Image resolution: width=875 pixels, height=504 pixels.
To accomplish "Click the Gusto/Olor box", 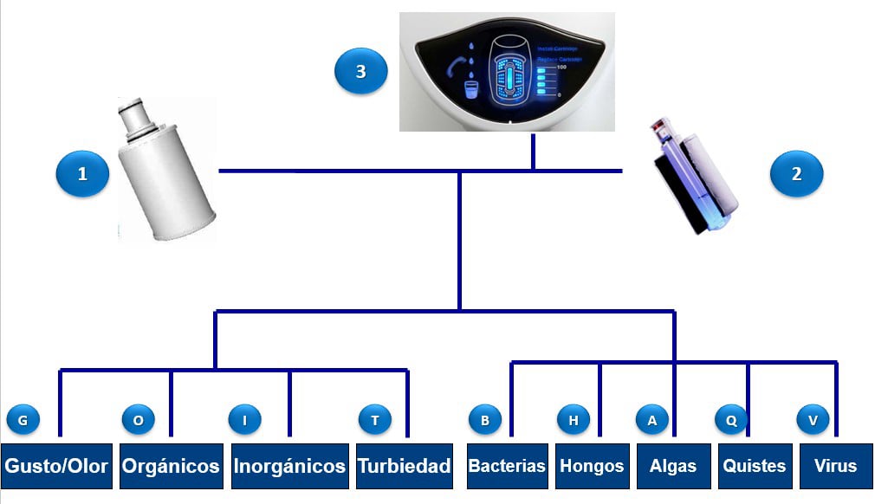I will [x=56, y=466].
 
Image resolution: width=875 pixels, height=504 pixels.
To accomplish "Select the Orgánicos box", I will [x=171, y=466].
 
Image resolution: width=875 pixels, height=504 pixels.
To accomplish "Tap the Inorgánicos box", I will [x=289, y=466].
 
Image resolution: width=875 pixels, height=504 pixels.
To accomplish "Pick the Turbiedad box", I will [x=405, y=466].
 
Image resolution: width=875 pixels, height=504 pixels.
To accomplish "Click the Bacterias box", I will [x=507, y=466].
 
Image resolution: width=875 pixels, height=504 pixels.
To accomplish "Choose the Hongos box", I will [x=592, y=466].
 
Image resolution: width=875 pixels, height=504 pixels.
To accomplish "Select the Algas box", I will [x=673, y=466].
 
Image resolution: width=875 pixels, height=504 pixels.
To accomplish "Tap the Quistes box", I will [x=755, y=466].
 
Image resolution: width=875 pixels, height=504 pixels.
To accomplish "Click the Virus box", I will [x=835, y=466].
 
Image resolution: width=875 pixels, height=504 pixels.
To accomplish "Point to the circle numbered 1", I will [x=82, y=174].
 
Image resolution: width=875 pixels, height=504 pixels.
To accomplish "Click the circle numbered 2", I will [x=796, y=174].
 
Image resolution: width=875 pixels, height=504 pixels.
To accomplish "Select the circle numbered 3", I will [x=360, y=72].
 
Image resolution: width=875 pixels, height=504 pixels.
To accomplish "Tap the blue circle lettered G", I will [x=23, y=420].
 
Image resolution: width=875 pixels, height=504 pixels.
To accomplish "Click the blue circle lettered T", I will [x=375, y=420].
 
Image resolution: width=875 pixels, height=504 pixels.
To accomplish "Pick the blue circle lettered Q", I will [x=731, y=420].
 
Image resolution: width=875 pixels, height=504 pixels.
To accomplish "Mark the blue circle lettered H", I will [x=574, y=420].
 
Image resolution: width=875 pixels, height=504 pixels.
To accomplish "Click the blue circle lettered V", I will [x=813, y=420].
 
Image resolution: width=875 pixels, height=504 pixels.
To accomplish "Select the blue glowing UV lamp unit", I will [x=694, y=178].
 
